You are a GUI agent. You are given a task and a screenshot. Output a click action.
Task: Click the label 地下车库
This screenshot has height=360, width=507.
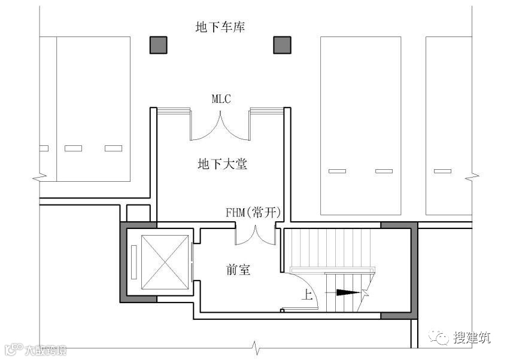pyautogui.click(x=220, y=27)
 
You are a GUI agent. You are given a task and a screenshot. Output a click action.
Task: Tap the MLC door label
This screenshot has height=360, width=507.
pyautogui.click(x=221, y=99)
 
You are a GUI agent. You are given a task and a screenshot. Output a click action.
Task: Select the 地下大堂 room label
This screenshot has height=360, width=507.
pyautogui.click(x=222, y=164)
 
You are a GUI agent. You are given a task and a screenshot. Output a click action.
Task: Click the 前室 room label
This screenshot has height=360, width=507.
pyautogui.click(x=238, y=270)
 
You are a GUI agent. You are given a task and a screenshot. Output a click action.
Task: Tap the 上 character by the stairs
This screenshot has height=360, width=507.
pyautogui.click(x=306, y=294)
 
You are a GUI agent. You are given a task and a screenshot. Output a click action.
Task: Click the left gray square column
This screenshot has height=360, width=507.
pyautogui.click(x=158, y=45)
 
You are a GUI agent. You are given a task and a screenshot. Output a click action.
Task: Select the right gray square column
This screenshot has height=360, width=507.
pyautogui.click(x=282, y=45)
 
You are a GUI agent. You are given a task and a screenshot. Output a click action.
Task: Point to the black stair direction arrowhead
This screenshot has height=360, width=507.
pyautogui.click(x=348, y=292)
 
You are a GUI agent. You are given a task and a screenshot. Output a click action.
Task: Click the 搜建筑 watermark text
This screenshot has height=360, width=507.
pyautogui.click(x=472, y=338)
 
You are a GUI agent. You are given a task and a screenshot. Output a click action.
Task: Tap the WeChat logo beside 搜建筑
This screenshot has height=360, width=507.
pyautogui.click(x=443, y=338)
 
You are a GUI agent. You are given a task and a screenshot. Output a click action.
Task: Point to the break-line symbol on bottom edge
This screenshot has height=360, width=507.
pyautogui.click(x=256, y=346)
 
